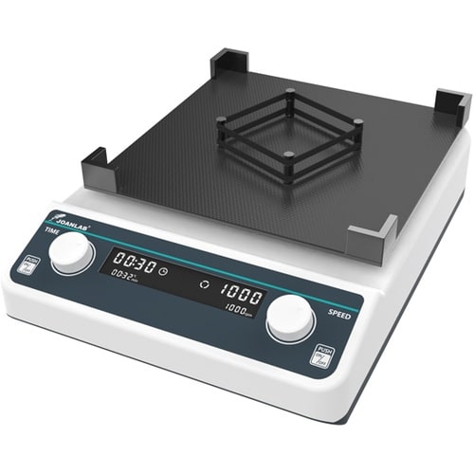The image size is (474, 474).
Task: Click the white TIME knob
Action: (x=71, y=252)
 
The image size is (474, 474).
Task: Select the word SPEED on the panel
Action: (x=339, y=311)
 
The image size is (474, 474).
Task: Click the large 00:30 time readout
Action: (x=131, y=264)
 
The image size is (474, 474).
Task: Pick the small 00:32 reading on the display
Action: (x=125, y=277)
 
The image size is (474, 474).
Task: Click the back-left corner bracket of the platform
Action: (x=228, y=64)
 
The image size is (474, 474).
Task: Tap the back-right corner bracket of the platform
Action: (x=451, y=107)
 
